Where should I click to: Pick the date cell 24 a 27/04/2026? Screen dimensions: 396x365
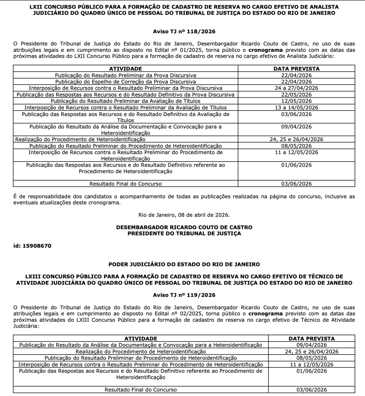point(296,88)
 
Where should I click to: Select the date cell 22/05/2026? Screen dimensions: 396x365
point(296,94)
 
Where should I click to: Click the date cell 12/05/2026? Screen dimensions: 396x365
point(296,101)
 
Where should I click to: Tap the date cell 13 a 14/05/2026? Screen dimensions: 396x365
point(296,108)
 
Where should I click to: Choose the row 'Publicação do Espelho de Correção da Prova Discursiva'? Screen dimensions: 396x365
point(125,81)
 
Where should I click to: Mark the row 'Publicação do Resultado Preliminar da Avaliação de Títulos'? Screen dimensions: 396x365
point(125,101)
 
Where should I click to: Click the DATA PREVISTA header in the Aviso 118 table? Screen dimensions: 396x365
point(296,68)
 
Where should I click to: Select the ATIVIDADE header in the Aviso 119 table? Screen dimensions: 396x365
point(141,338)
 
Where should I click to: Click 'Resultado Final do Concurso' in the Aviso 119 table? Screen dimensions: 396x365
point(141,389)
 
